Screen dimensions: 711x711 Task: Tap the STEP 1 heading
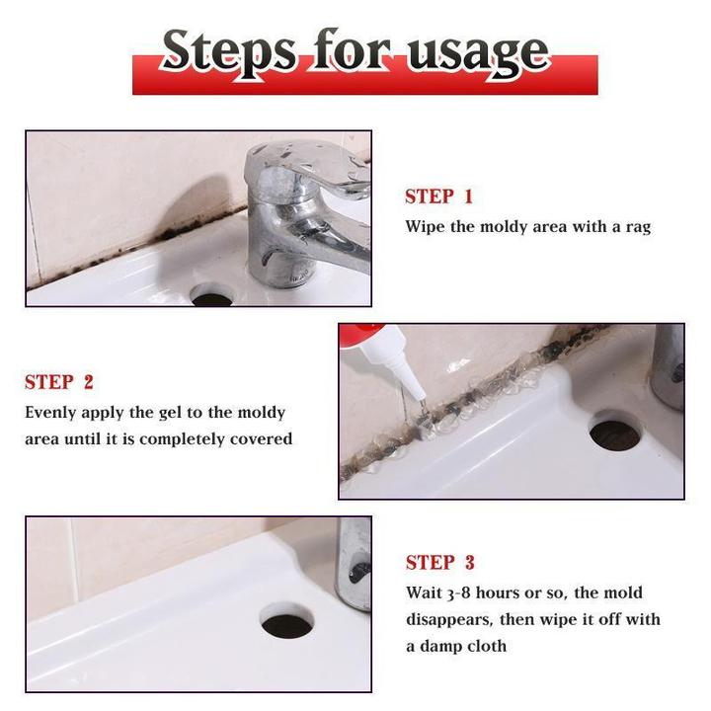(x=438, y=197)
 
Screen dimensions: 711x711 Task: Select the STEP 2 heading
(x=59, y=382)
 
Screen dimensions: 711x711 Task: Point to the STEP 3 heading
(x=439, y=563)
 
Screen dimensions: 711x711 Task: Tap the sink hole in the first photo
(x=210, y=294)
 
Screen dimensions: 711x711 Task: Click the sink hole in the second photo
(x=614, y=432)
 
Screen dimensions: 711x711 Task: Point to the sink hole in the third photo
(x=287, y=622)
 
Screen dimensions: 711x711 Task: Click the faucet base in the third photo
(x=353, y=563)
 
